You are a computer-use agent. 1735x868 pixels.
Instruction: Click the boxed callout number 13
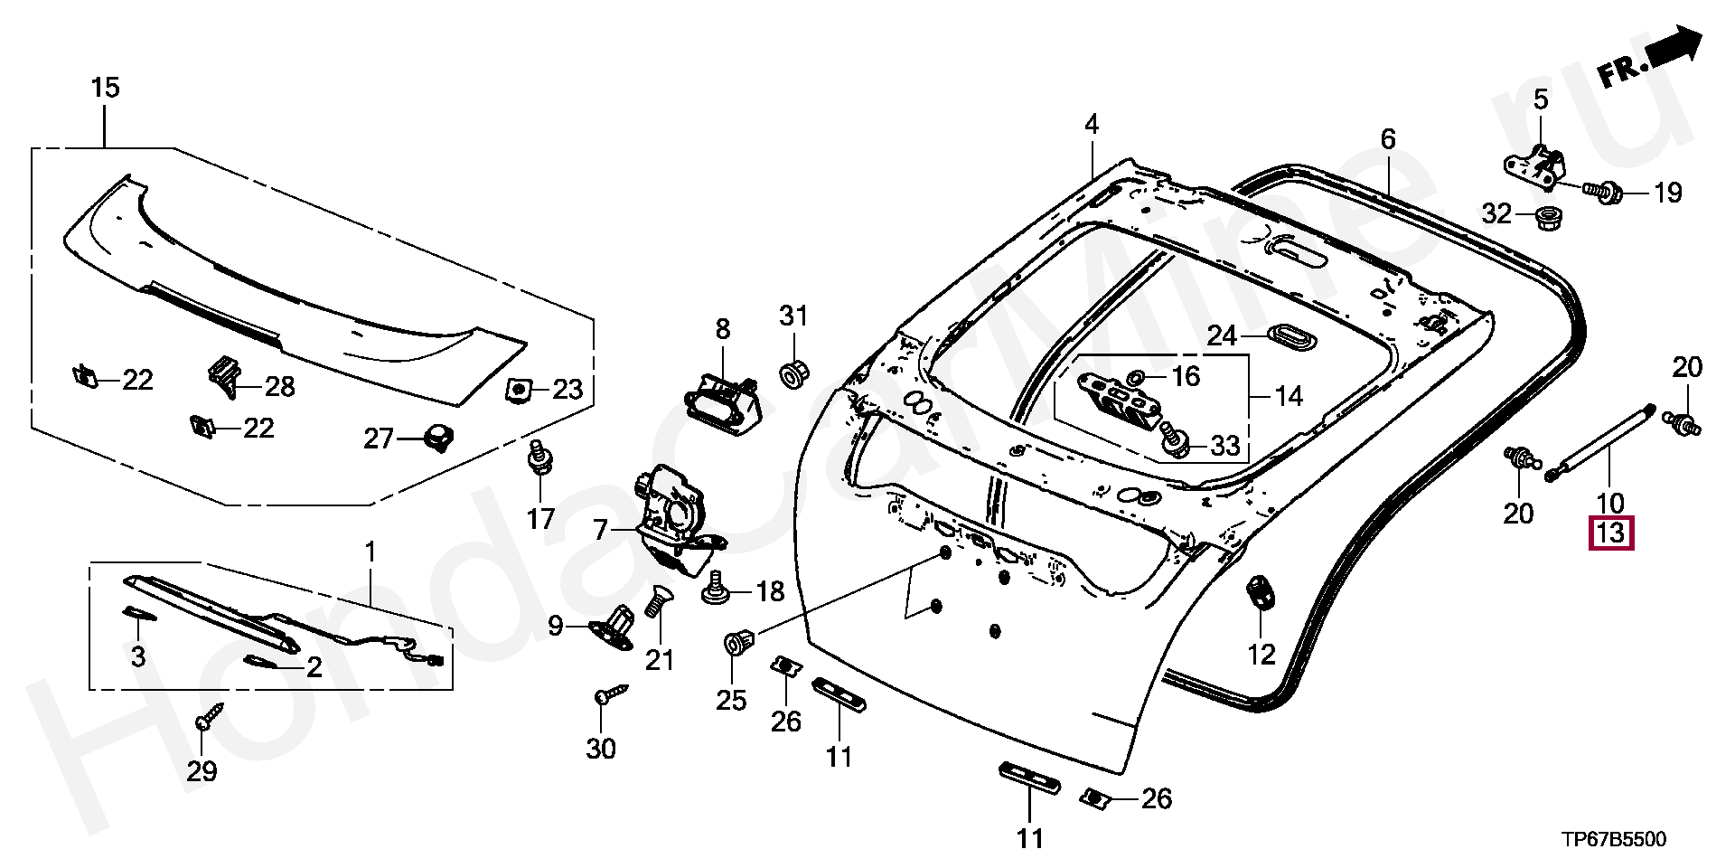(1611, 533)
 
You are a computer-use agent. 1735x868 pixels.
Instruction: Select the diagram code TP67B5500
(1614, 840)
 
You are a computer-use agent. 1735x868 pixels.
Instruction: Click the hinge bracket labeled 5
(1536, 165)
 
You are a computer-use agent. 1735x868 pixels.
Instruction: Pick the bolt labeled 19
(1602, 193)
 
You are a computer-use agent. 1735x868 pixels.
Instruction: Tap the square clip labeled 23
(518, 389)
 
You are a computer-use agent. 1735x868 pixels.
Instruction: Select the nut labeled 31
(793, 371)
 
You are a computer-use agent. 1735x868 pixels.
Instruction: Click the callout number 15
(105, 88)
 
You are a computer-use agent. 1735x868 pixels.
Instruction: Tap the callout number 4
(1092, 125)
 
